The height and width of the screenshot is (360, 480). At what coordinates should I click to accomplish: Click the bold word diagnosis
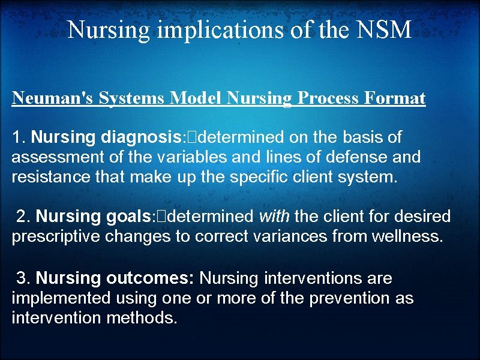click(140, 138)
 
